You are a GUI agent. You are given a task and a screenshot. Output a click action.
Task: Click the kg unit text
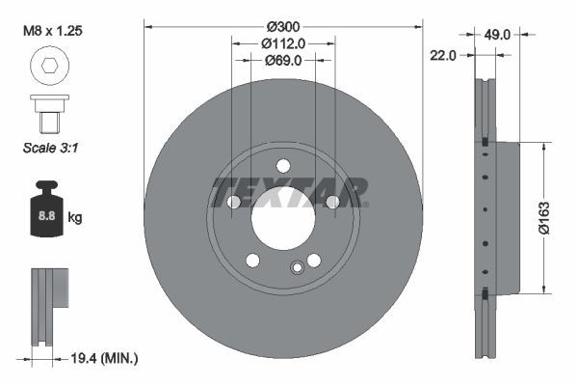(x=75, y=218)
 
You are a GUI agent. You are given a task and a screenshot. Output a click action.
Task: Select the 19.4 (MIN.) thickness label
(x=105, y=358)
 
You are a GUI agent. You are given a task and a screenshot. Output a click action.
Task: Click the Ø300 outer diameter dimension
(x=282, y=25)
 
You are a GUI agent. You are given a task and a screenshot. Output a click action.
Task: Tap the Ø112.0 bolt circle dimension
(x=283, y=42)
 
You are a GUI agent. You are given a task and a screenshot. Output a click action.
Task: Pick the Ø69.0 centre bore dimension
(x=283, y=60)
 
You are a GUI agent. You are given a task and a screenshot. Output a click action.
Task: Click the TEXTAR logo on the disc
(x=289, y=191)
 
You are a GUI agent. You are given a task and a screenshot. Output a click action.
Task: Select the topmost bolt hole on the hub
(x=283, y=164)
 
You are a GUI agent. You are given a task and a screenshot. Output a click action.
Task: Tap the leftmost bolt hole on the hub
(x=233, y=202)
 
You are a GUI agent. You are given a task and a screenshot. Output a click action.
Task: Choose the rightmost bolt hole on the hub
(x=332, y=202)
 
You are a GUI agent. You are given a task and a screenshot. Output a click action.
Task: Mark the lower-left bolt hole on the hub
(x=252, y=260)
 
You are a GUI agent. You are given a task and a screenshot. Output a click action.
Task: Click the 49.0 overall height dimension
(x=497, y=35)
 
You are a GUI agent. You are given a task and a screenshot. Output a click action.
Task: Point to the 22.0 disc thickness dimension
(x=442, y=56)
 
